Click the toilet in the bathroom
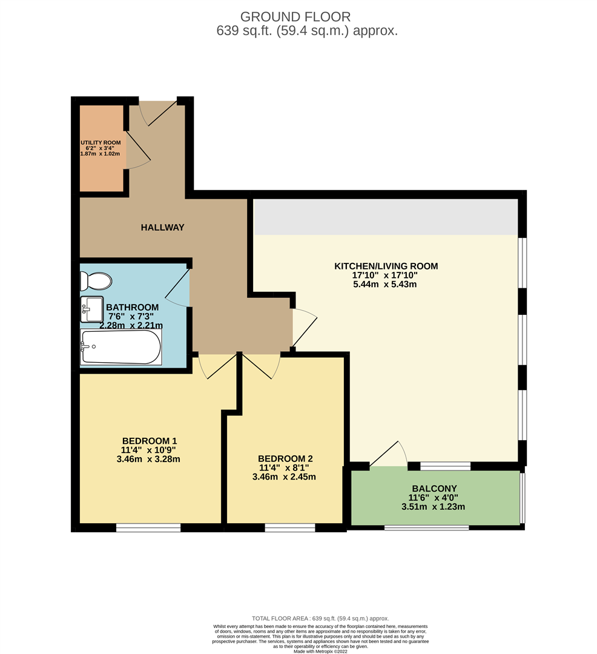96,281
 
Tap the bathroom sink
91,309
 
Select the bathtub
121,347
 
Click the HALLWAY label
162,227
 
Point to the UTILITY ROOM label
101,143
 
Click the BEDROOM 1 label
149,441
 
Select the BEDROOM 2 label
285,458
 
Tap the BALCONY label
434,489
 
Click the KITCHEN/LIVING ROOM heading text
386,266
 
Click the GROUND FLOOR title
295,17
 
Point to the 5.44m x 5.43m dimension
385,285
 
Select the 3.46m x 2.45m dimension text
284,477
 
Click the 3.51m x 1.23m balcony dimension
433,507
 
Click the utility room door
138,150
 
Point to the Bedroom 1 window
148,527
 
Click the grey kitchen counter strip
386,217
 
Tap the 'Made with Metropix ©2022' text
320,651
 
